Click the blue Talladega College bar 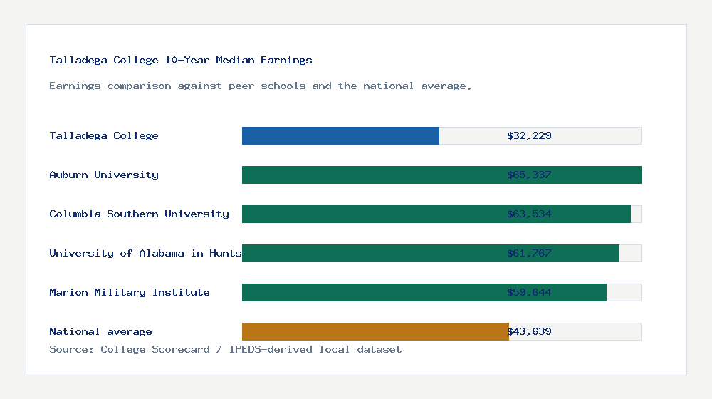(340, 135)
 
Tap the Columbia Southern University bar (370, 214)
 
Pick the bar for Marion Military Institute (370, 292)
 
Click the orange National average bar (375, 331)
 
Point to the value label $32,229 (529, 135)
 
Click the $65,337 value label (529, 175)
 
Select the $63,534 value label (529, 214)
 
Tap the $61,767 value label (529, 253)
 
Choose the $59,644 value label (529, 292)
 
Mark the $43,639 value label (529, 331)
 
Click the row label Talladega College (104, 135)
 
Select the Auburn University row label (104, 175)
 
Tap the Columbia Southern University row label (139, 214)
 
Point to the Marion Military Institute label (130, 292)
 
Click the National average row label (100, 331)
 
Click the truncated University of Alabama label (145, 253)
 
